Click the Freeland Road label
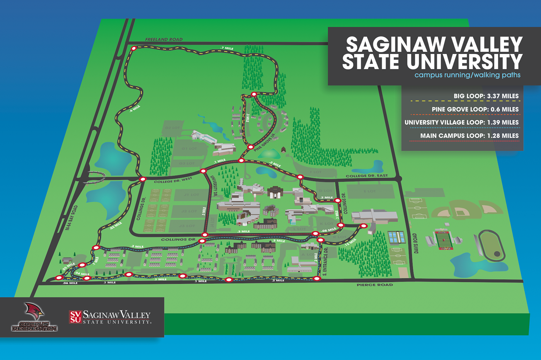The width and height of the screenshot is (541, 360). point(164,39)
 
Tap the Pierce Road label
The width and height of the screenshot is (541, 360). point(374,285)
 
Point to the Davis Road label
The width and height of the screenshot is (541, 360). point(416,243)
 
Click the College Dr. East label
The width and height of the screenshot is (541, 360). point(367,176)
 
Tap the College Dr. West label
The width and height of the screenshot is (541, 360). point(173,181)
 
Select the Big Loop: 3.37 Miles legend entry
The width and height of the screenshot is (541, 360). point(486,96)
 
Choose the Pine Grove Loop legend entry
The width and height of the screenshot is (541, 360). point(475,109)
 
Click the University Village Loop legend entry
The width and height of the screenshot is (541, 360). point(461,123)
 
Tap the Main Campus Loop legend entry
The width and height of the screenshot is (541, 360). point(469,136)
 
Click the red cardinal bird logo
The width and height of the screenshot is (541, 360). point(34,311)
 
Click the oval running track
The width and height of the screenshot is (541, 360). point(491,246)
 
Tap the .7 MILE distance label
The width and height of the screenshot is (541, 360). point(227,48)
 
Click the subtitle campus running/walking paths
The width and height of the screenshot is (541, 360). point(467,75)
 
